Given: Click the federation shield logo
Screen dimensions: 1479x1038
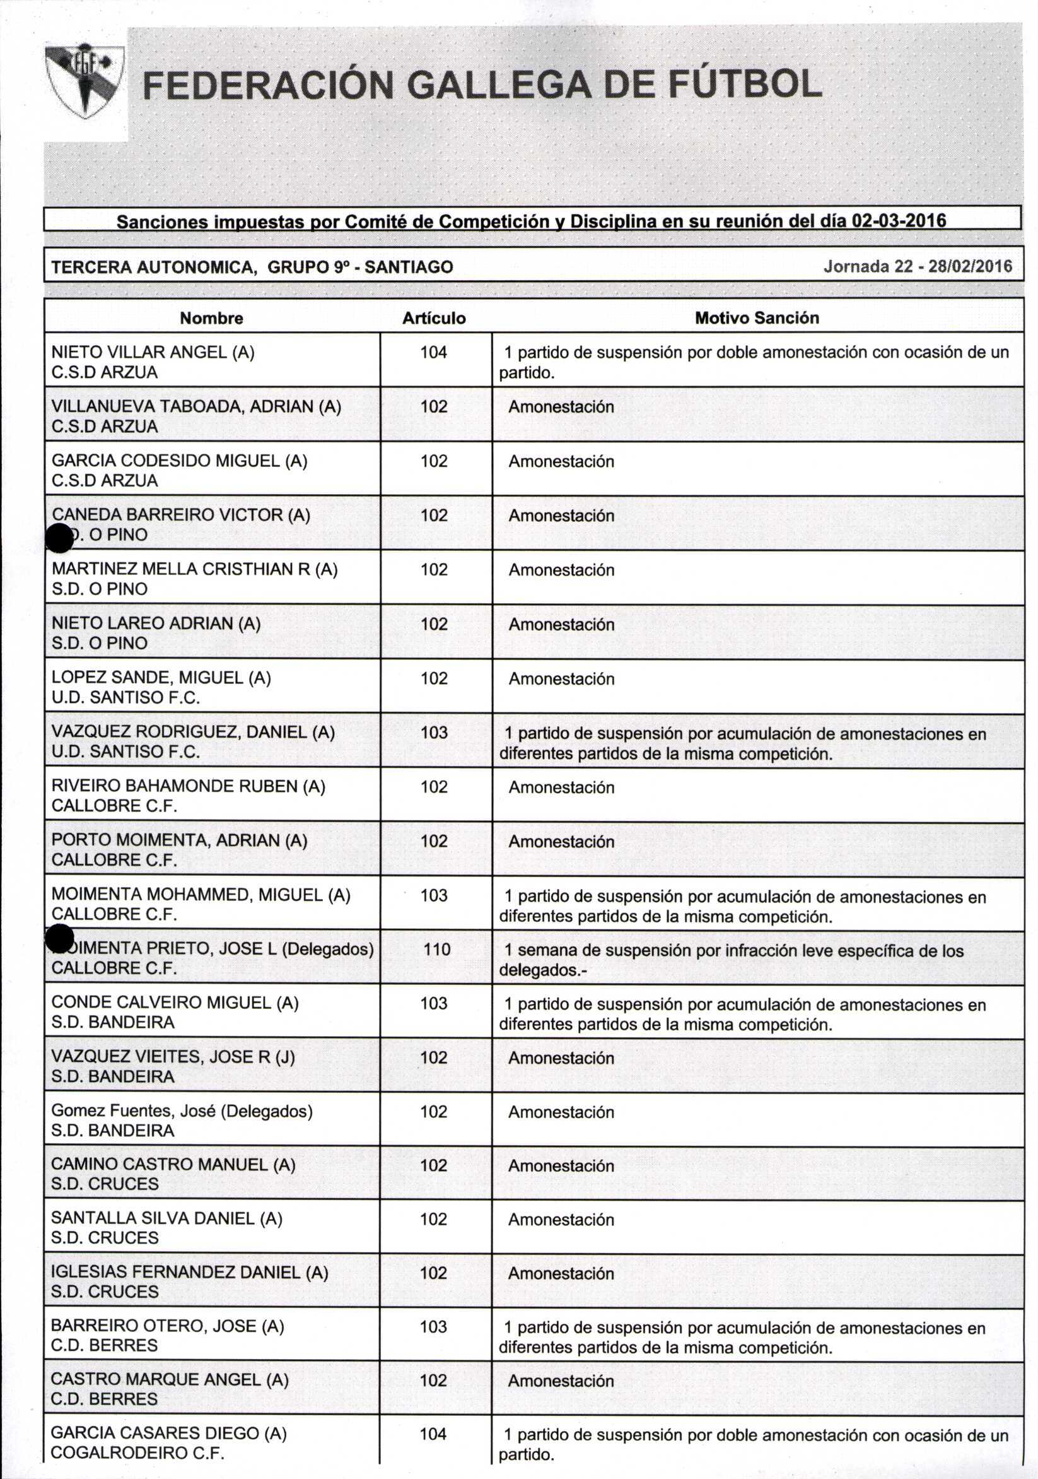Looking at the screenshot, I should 85,80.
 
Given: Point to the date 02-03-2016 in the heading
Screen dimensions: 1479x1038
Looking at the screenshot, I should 898,221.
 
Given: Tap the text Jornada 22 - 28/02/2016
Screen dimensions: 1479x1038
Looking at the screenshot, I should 917,267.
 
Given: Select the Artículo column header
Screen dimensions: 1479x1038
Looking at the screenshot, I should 433,318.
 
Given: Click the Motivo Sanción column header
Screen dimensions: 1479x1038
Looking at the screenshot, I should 757,317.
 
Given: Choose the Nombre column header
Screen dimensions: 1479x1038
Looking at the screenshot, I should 211,318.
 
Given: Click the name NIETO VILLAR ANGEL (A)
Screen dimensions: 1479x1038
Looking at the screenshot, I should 153,352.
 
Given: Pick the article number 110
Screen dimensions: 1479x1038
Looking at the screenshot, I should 436,949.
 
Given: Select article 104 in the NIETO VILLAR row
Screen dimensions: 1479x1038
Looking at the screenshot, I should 433,352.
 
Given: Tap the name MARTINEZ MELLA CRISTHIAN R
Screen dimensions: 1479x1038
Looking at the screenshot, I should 194,569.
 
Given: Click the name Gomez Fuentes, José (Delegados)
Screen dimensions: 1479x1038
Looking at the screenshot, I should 182,1111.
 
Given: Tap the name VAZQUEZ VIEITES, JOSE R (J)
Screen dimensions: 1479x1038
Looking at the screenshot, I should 173,1057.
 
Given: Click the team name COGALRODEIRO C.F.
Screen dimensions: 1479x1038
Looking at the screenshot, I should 137,1453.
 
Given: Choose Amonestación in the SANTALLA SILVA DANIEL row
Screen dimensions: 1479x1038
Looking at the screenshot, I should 561,1220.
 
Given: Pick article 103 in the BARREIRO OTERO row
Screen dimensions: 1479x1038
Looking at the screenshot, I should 433,1326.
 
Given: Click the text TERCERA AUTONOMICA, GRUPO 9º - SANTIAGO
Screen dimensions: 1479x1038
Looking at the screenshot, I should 252,267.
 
